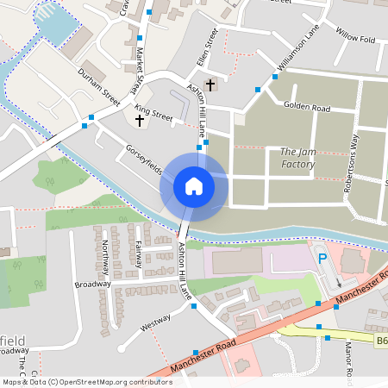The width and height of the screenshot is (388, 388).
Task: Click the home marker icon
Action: tap(194, 186)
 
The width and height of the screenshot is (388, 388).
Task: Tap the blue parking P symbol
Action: tap(322, 258)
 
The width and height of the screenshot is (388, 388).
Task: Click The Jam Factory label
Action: tap(298, 158)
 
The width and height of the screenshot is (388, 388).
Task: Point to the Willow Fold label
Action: tap(355, 39)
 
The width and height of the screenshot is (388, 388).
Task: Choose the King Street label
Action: tap(154, 113)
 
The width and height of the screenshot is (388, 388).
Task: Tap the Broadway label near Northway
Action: tap(93, 284)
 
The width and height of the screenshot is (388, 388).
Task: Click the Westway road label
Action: tap(155, 327)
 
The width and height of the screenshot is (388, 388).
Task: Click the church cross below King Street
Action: tap(140, 121)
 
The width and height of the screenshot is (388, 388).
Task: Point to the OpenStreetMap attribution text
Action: tap(86, 382)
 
